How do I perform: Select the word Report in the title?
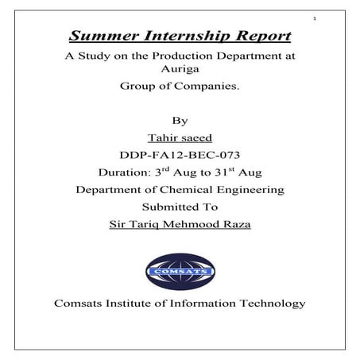coord(259,37)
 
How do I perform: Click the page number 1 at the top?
coord(315,17)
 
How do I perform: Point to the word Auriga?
coord(180,71)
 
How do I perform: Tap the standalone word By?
coord(179,120)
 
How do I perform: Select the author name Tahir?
coord(159,137)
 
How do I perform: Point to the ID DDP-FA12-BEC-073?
coord(179,155)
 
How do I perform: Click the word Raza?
coord(236,225)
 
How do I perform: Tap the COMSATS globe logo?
coord(180,270)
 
